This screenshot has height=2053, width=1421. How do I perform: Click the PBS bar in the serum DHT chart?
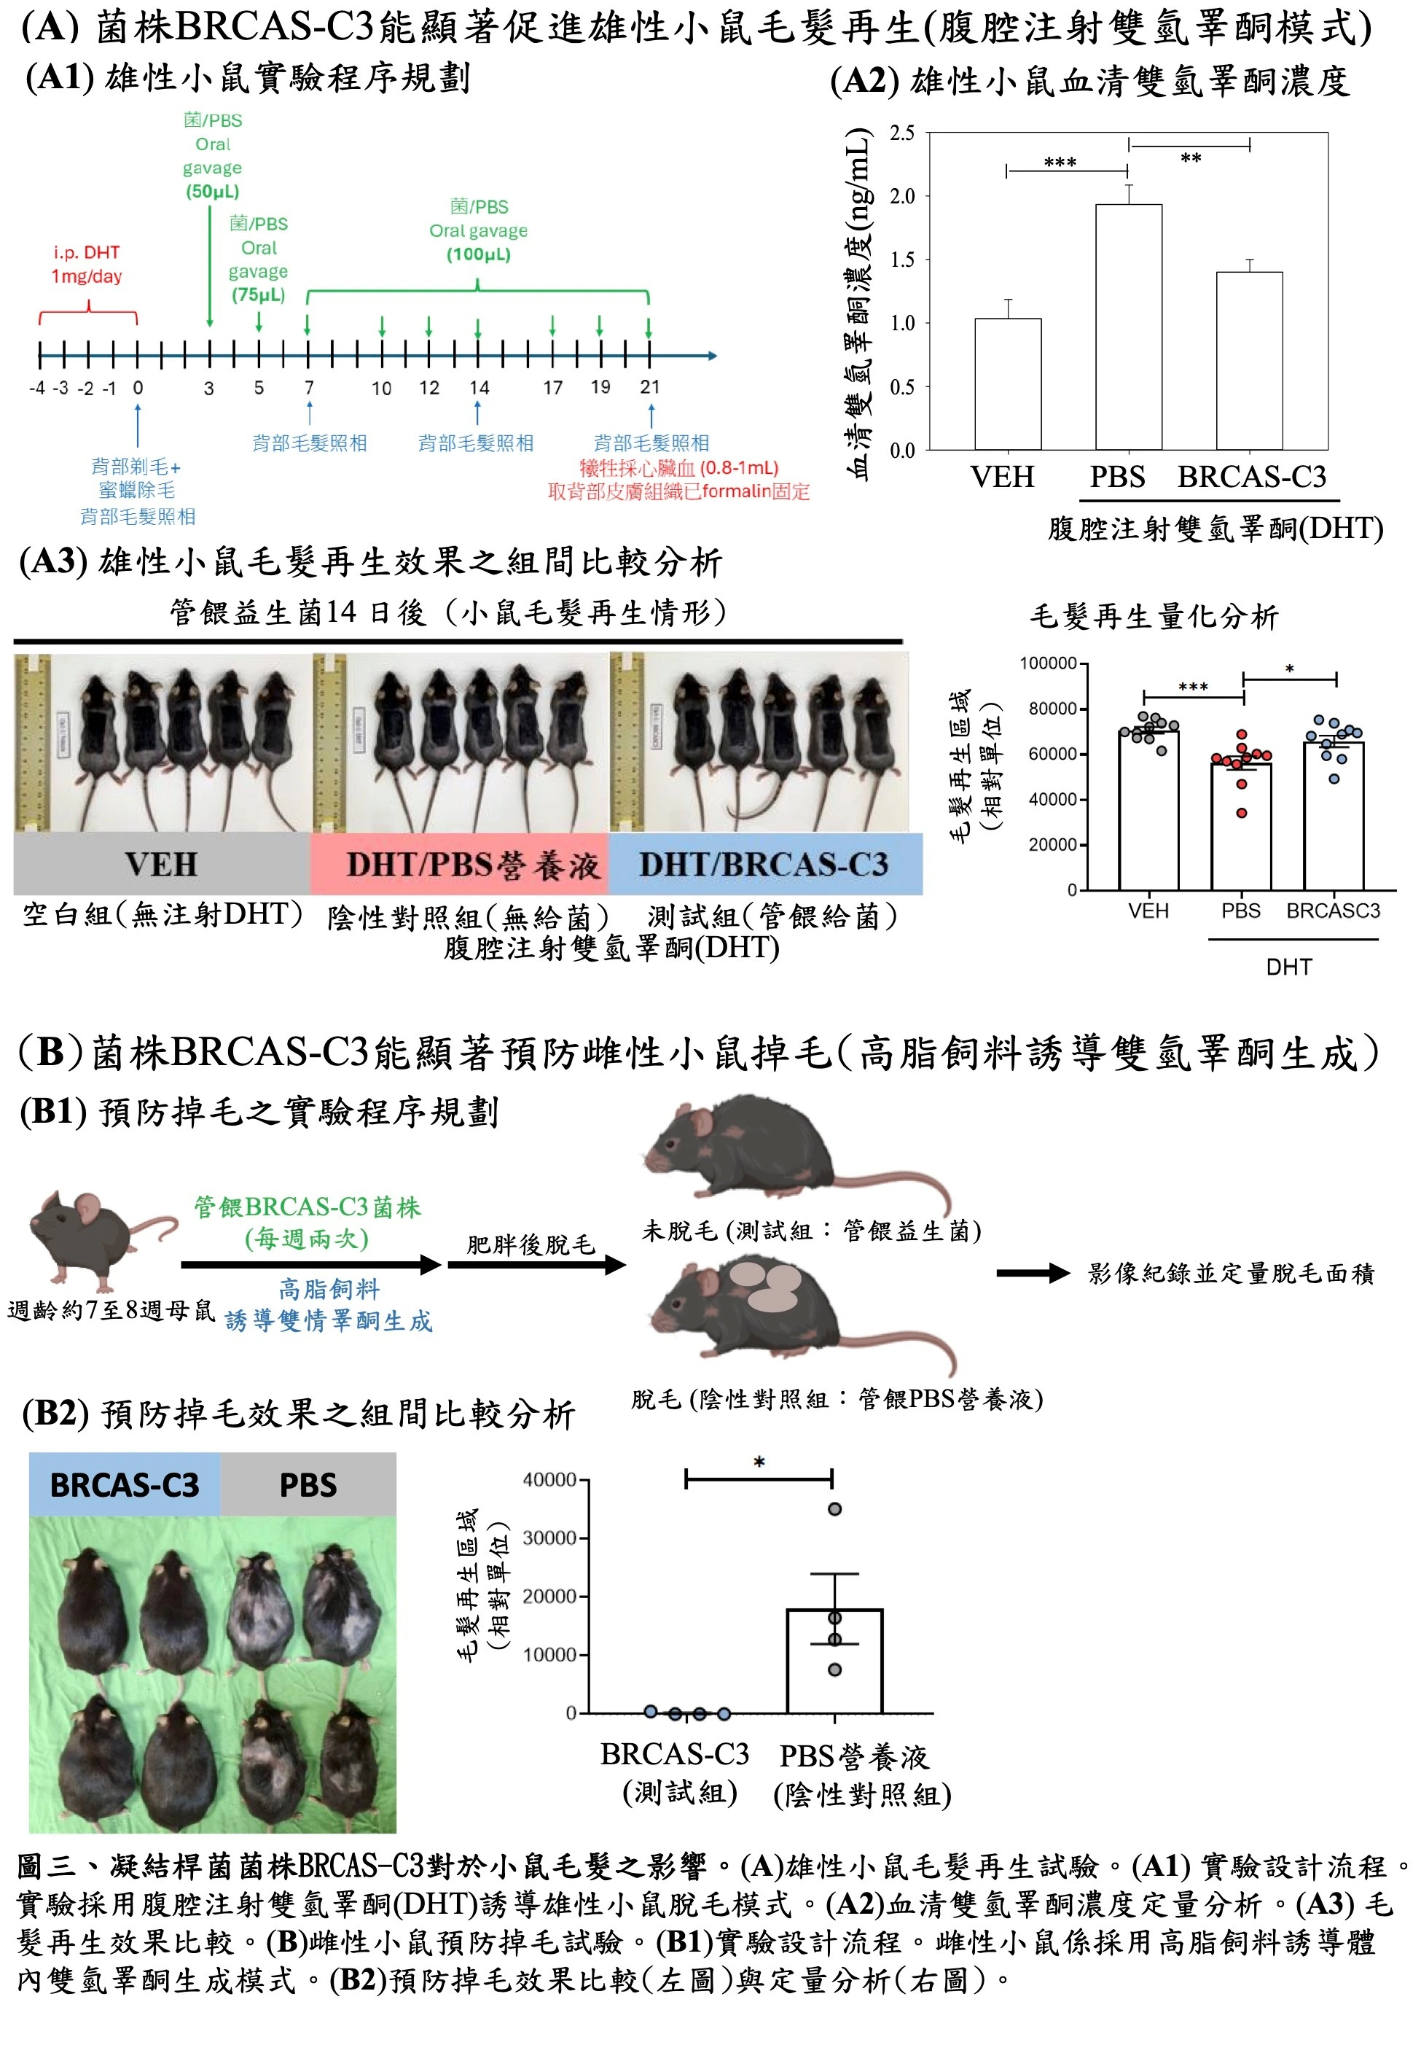point(1128,327)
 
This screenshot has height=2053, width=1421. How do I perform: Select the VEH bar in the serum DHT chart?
point(1008,384)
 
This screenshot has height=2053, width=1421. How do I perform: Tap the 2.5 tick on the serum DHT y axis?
point(902,133)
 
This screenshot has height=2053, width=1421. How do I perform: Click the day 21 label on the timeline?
point(650,386)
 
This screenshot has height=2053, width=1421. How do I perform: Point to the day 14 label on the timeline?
point(479,387)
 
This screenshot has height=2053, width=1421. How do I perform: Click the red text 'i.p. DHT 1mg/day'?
point(87,264)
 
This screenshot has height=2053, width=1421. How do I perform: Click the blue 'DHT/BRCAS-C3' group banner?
point(765,863)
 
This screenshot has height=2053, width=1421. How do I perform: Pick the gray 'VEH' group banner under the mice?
point(161,863)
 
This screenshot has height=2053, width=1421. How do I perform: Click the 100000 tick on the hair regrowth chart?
point(1048,663)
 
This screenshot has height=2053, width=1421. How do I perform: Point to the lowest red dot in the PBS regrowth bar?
point(1241,812)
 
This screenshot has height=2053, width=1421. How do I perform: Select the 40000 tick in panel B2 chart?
point(549,1479)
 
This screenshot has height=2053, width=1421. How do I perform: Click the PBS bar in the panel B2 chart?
point(834,1660)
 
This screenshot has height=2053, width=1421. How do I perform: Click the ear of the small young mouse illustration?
point(87,1209)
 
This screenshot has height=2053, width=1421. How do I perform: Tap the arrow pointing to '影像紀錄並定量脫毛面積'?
point(1033,1274)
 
